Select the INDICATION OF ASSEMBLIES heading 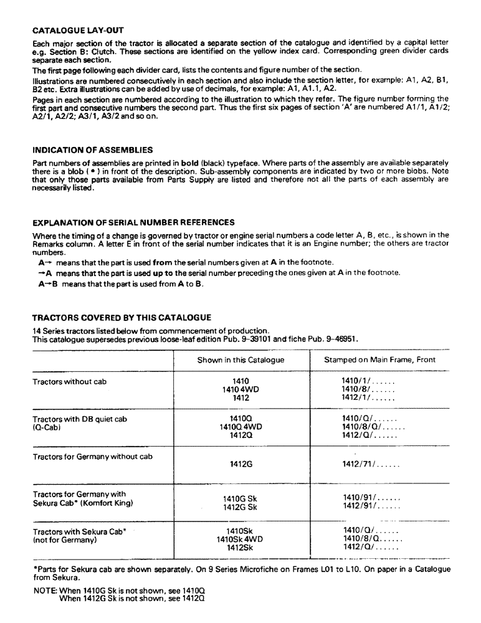coord(92,150)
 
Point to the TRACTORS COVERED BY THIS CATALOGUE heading coord(121,318)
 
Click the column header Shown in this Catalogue coord(240,360)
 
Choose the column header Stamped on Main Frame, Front coord(379,360)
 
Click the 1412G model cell coord(240,464)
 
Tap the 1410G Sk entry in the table coord(240,498)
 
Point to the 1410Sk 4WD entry coord(240,539)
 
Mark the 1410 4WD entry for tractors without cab coord(240,389)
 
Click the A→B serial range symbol coord(47,285)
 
